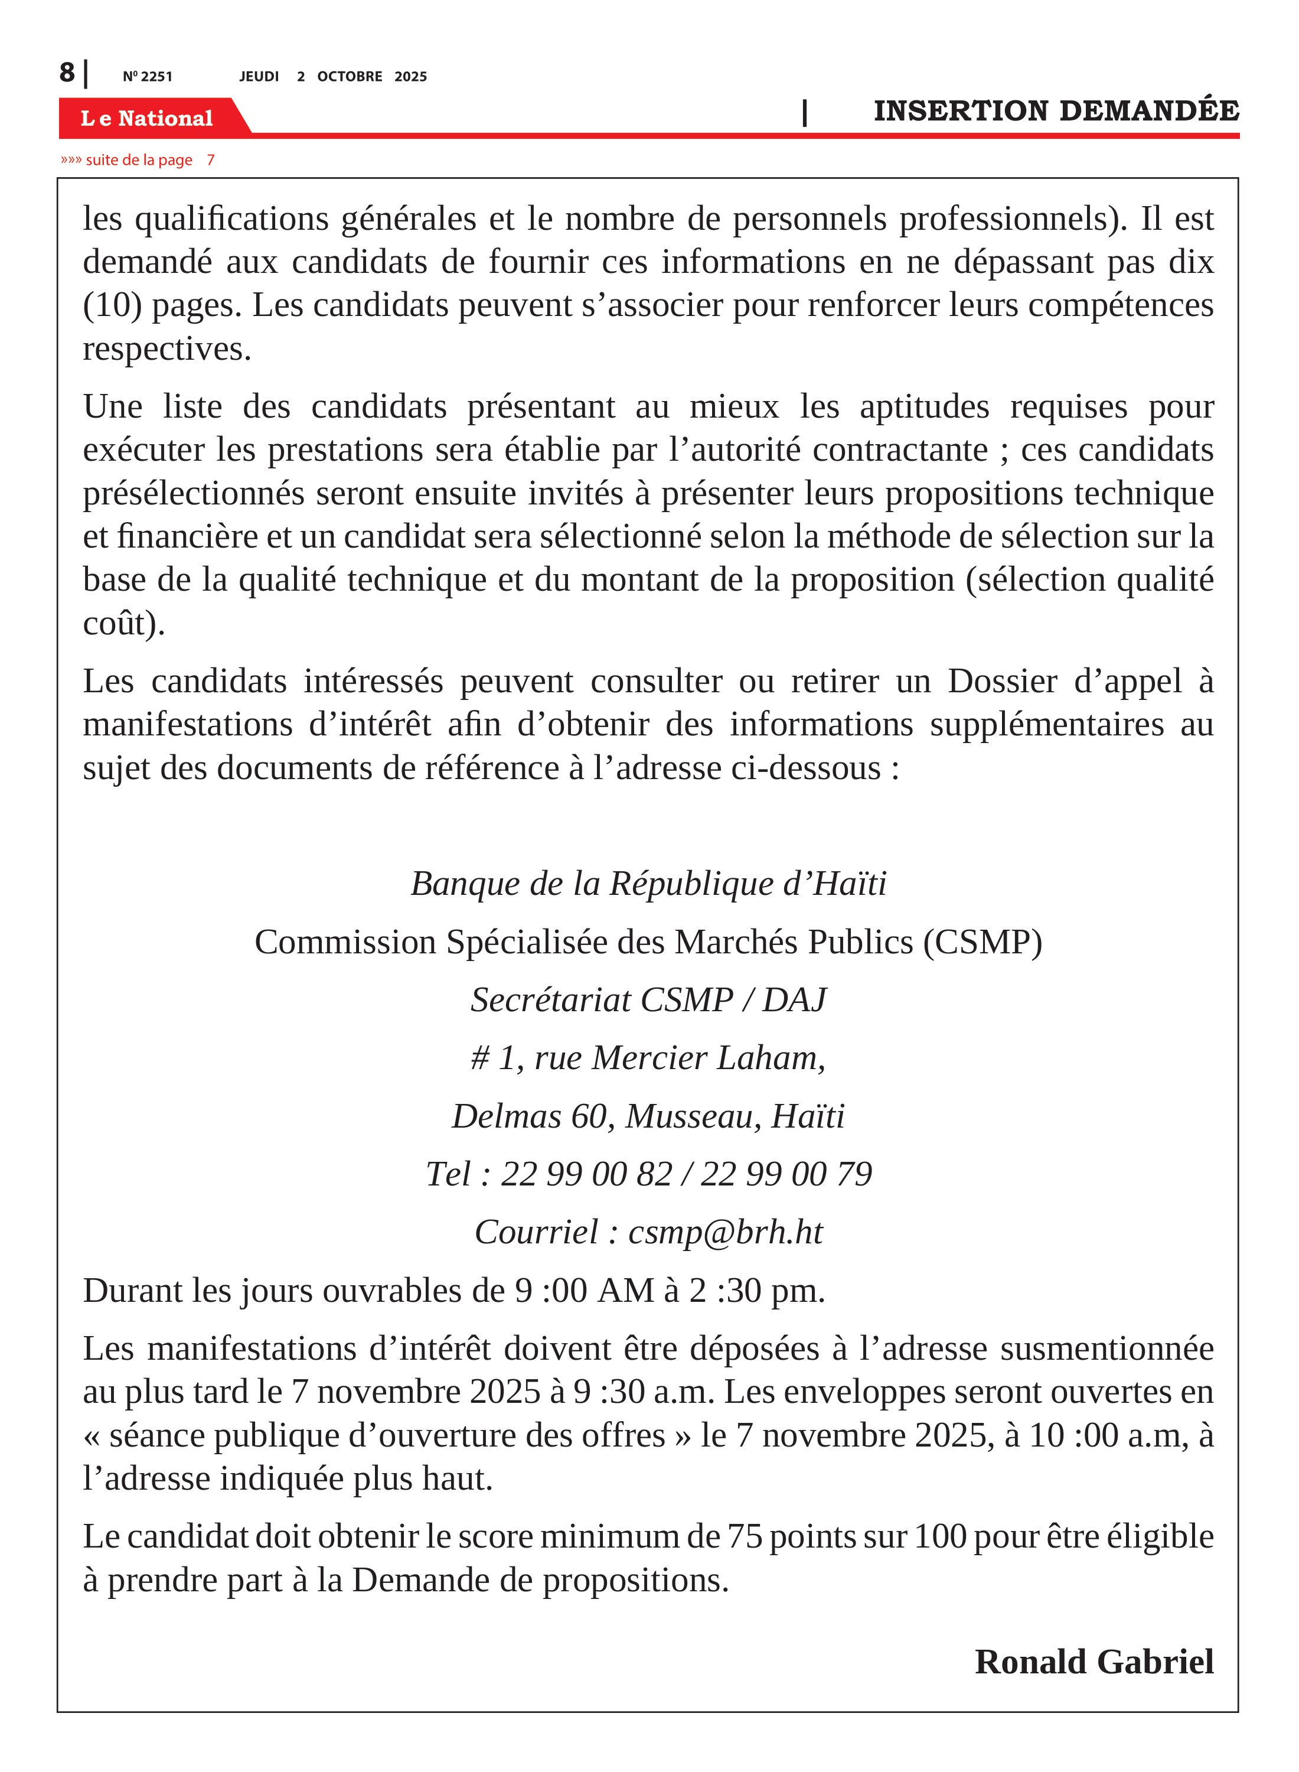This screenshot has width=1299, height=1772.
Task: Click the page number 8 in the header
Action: (67, 73)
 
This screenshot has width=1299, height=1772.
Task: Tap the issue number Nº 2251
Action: (147, 76)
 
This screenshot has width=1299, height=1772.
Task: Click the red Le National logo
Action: (147, 118)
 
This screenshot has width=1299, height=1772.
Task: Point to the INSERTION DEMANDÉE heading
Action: (1055, 111)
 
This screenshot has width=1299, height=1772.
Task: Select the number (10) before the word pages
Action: (112, 305)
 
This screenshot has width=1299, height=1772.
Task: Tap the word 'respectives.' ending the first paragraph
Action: (167, 348)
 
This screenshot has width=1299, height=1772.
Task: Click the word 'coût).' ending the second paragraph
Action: (124, 623)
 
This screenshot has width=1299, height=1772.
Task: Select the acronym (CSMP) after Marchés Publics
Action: (983, 942)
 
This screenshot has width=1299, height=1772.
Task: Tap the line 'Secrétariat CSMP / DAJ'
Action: (649, 999)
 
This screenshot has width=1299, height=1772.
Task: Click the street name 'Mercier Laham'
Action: (708, 1058)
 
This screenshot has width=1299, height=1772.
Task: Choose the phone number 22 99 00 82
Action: (586, 1174)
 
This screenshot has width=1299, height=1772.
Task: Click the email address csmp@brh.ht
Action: (725, 1233)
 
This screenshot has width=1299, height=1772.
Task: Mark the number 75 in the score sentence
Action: (744, 1536)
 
